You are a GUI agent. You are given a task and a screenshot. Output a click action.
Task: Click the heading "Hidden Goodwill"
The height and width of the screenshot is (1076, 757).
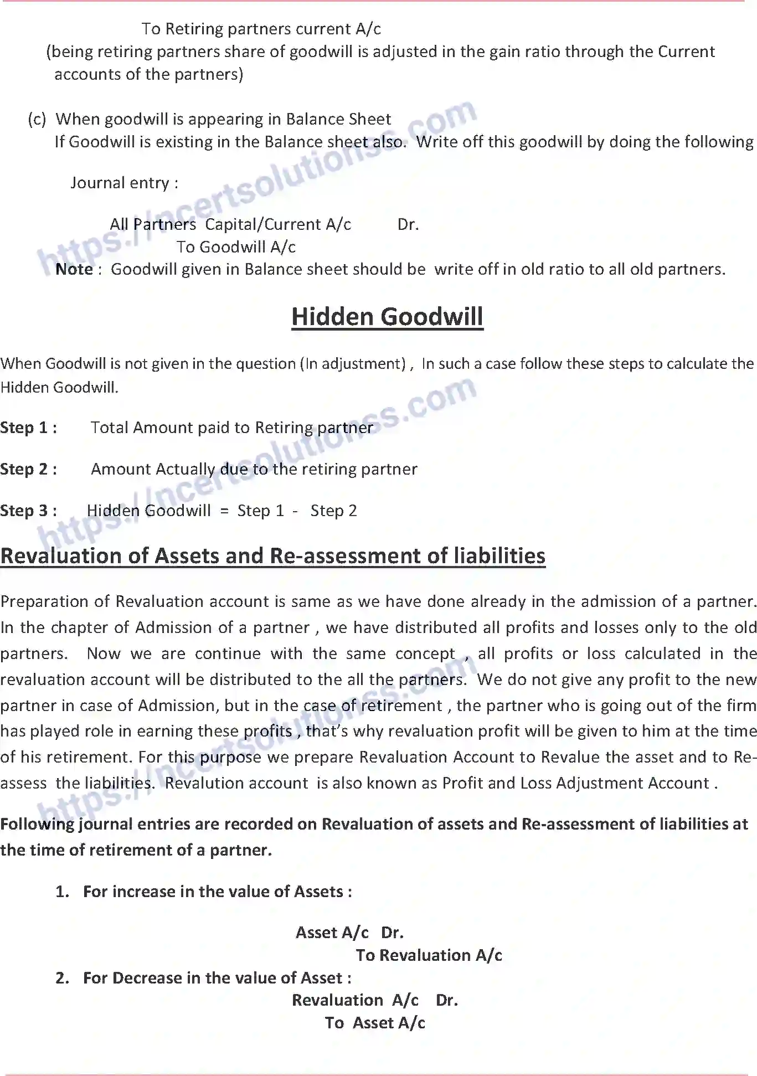tap(387, 317)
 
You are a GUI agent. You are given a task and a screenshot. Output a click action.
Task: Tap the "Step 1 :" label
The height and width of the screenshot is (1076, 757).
tap(28, 428)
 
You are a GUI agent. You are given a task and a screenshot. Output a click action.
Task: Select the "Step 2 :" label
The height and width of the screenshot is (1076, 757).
tap(28, 469)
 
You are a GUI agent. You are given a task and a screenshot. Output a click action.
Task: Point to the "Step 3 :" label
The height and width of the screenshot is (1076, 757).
tap(28, 511)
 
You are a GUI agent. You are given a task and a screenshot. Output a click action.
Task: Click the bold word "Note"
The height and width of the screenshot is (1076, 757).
tap(74, 269)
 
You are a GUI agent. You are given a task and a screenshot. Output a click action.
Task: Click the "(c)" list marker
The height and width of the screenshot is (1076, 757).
tap(37, 119)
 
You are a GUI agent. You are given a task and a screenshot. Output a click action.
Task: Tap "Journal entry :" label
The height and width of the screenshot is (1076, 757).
tap(125, 183)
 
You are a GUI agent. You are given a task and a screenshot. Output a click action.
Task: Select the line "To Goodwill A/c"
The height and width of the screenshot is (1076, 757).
tap(236, 247)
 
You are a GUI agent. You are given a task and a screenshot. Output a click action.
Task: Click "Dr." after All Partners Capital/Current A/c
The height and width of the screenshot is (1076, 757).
tap(408, 224)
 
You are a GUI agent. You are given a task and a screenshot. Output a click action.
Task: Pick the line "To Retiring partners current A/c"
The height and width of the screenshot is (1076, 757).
tap(261, 29)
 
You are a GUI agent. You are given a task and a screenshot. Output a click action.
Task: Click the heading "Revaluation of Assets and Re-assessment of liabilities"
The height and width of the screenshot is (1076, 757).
tap(273, 556)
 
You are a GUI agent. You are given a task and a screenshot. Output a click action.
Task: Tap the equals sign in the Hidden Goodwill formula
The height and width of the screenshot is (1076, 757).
tap(224, 511)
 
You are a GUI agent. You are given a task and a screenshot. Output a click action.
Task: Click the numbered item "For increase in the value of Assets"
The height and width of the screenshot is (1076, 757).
tap(217, 892)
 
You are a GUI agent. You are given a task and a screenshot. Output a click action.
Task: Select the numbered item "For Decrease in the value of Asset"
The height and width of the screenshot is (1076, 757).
tap(217, 978)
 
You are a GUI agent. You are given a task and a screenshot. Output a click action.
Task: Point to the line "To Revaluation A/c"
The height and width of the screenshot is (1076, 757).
tap(429, 955)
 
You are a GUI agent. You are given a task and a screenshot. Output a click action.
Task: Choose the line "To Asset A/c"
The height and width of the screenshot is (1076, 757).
tap(375, 1023)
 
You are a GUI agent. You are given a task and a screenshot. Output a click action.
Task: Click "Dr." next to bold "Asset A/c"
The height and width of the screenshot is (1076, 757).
tap(392, 933)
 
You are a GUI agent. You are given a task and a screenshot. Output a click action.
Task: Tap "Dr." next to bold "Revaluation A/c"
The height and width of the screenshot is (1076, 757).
tap(447, 1000)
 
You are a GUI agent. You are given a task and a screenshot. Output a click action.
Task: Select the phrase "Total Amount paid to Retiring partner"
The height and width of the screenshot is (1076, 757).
tap(232, 428)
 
